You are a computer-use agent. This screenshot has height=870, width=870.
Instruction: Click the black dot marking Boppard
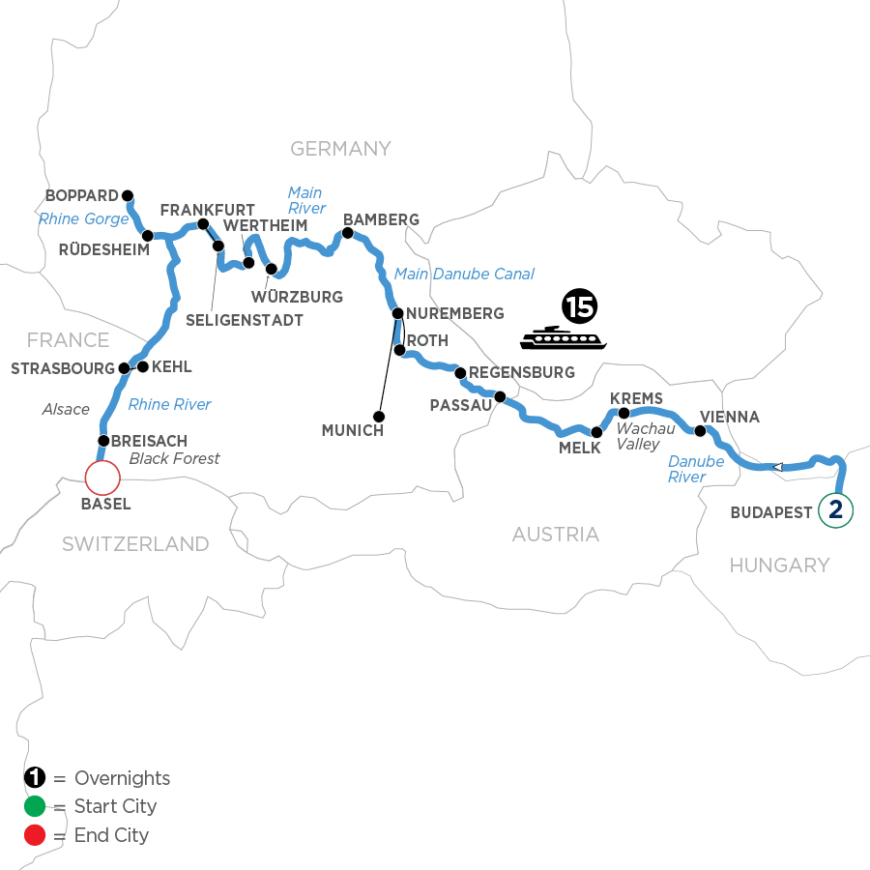(x=127, y=193)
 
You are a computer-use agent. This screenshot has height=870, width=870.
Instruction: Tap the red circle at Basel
(x=101, y=478)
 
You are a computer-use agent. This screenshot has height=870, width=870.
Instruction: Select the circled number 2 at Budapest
(x=836, y=510)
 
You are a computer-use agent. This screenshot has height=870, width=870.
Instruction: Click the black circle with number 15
(x=579, y=308)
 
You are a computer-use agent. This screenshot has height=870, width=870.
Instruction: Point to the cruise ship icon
(x=563, y=338)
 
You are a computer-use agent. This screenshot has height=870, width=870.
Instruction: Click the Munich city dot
(x=379, y=417)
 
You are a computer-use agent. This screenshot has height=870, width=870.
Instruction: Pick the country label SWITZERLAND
(x=135, y=544)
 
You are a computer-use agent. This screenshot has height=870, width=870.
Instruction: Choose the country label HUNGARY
(x=778, y=565)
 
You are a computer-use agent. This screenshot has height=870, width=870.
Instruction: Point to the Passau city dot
(x=500, y=396)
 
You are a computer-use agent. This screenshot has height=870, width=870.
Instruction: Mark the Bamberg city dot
(x=347, y=233)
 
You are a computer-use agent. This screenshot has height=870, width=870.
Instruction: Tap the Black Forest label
(x=175, y=458)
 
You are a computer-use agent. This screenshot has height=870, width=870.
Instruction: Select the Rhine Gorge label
(x=83, y=219)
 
